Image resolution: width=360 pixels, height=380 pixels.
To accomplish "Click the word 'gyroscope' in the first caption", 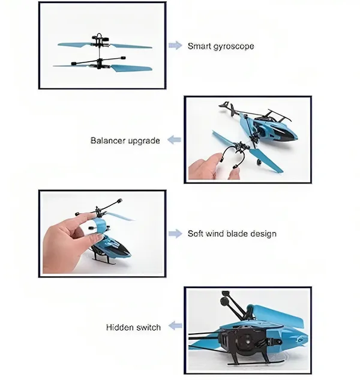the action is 233,47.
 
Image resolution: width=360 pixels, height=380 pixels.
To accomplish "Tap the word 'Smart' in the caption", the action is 200,46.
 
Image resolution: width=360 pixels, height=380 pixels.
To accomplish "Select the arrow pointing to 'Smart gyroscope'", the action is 175,45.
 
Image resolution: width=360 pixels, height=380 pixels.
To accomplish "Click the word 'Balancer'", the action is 108,140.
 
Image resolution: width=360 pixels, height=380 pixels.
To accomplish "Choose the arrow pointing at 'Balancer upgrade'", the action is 174,140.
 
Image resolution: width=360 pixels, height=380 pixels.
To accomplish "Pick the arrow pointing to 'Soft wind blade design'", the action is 175,234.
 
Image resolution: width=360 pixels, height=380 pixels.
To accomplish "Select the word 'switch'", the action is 148,327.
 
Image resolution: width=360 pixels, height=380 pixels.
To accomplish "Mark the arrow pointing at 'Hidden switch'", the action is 175,325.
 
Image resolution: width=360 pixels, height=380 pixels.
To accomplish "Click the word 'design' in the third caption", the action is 263,234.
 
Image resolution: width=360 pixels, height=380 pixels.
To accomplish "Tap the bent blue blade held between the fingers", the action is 100,225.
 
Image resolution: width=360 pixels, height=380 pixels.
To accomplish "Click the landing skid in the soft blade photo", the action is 106,263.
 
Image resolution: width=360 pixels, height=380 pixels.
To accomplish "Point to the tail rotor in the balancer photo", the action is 229,108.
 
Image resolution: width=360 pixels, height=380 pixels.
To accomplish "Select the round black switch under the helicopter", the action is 246,339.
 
